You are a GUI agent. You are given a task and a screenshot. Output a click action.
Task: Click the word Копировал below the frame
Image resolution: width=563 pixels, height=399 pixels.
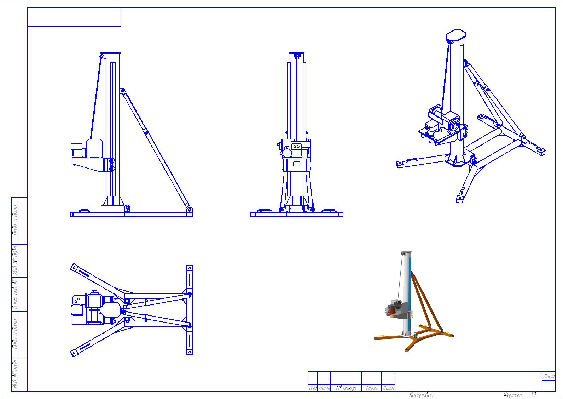click(x=421, y=395)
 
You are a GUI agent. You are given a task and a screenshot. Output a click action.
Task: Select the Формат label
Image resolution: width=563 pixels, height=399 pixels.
click(x=512, y=395)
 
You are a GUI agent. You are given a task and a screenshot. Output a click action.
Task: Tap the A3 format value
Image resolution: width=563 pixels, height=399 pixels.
click(x=533, y=394)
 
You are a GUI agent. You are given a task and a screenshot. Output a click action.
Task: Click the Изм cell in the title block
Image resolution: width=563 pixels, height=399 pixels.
click(x=313, y=388)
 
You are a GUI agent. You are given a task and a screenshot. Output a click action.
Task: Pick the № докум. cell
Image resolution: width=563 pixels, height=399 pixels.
click(x=346, y=388)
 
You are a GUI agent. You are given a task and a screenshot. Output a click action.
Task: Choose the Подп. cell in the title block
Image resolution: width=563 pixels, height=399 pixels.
click(x=372, y=388)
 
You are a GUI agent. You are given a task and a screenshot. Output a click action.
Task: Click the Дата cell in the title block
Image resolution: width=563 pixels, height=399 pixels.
click(x=388, y=388)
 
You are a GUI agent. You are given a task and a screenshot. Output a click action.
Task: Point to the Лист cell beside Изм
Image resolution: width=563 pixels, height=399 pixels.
click(x=324, y=388)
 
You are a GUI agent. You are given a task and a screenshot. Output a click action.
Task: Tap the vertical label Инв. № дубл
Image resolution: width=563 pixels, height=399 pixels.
click(x=15, y=260)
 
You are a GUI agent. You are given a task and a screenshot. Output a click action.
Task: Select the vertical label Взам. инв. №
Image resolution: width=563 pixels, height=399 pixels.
click(x=15, y=294)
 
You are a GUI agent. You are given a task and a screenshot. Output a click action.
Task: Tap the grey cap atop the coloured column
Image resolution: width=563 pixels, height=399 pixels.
click(x=406, y=252)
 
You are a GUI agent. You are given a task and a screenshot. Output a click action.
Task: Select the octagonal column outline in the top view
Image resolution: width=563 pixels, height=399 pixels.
click(x=111, y=310)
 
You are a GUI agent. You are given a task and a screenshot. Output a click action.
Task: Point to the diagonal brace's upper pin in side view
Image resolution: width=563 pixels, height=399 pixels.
click(x=122, y=91)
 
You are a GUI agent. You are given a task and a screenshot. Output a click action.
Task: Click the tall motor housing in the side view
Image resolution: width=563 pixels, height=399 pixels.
click(x=94, y=148)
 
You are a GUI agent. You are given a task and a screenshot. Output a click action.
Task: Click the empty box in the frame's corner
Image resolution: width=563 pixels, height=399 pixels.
click(x=74, y=17)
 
